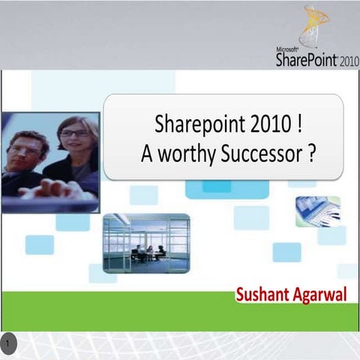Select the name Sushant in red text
click(263, 293)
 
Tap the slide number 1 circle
click(8, 343)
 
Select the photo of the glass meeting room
click(145, 243)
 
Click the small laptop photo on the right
click(318, 211)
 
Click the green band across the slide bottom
click(112, 310)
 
